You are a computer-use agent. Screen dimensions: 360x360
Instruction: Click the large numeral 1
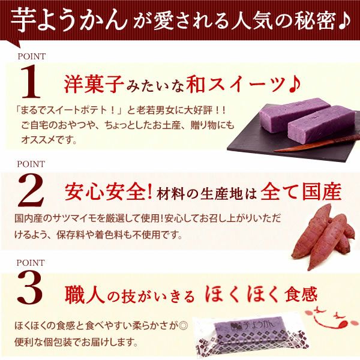(x=31, y=81)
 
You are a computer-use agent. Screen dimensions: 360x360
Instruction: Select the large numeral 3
(x=30, y=289)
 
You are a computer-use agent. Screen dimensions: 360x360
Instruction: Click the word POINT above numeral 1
(x=32, y=56)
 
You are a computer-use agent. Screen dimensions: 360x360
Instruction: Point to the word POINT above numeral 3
(x=31, y=263)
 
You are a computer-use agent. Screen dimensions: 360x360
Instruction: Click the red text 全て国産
(x=301, y=193)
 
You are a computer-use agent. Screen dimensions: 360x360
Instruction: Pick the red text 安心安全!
(x=109, y=193)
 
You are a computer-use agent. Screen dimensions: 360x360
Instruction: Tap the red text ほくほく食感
(x=261, y=294)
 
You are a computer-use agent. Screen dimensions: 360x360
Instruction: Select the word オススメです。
(x=49, y=140)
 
